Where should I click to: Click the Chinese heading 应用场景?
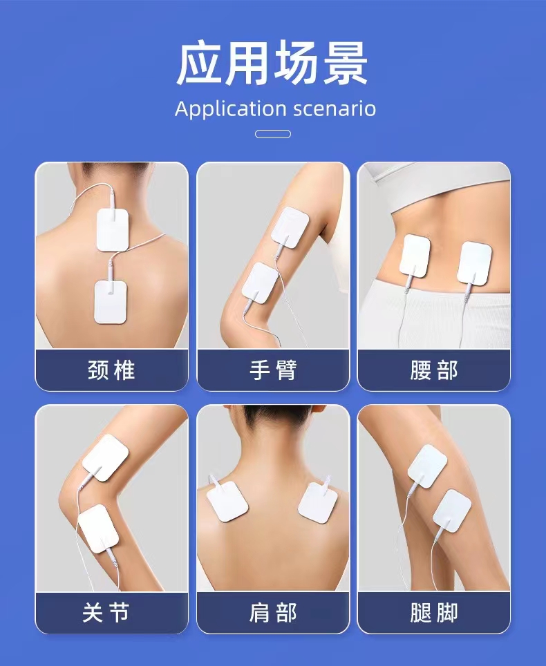pos(272,64)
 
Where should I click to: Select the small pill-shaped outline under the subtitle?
pos(273,134)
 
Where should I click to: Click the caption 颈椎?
pos(111,370)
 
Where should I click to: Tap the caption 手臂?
pos(273,370)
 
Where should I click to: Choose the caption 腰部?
pos(434,370)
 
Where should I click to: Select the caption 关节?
pos(106,613)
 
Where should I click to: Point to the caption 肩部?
pos(273,613)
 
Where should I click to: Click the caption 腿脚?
pos(434,613)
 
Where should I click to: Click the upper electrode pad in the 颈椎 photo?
pos(113,229)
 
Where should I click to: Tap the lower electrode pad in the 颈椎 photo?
pos(111,301)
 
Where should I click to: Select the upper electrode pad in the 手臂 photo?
pos(291,228)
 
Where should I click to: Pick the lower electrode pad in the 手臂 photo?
pos(260,283)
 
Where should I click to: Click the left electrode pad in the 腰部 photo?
pos(415,256)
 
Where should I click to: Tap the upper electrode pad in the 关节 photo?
pos(105,458)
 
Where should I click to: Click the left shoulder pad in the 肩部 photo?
pos(227,501)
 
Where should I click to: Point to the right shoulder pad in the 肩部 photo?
pos(318,503)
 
